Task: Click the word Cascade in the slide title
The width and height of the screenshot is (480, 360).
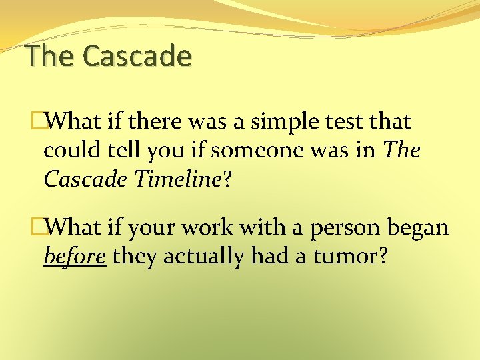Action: coord(137,56)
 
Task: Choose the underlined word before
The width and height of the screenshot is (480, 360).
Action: coord(75,256)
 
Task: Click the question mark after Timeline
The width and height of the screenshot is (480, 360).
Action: coord(227,179)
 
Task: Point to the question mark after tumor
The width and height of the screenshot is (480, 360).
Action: coord(383,256)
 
